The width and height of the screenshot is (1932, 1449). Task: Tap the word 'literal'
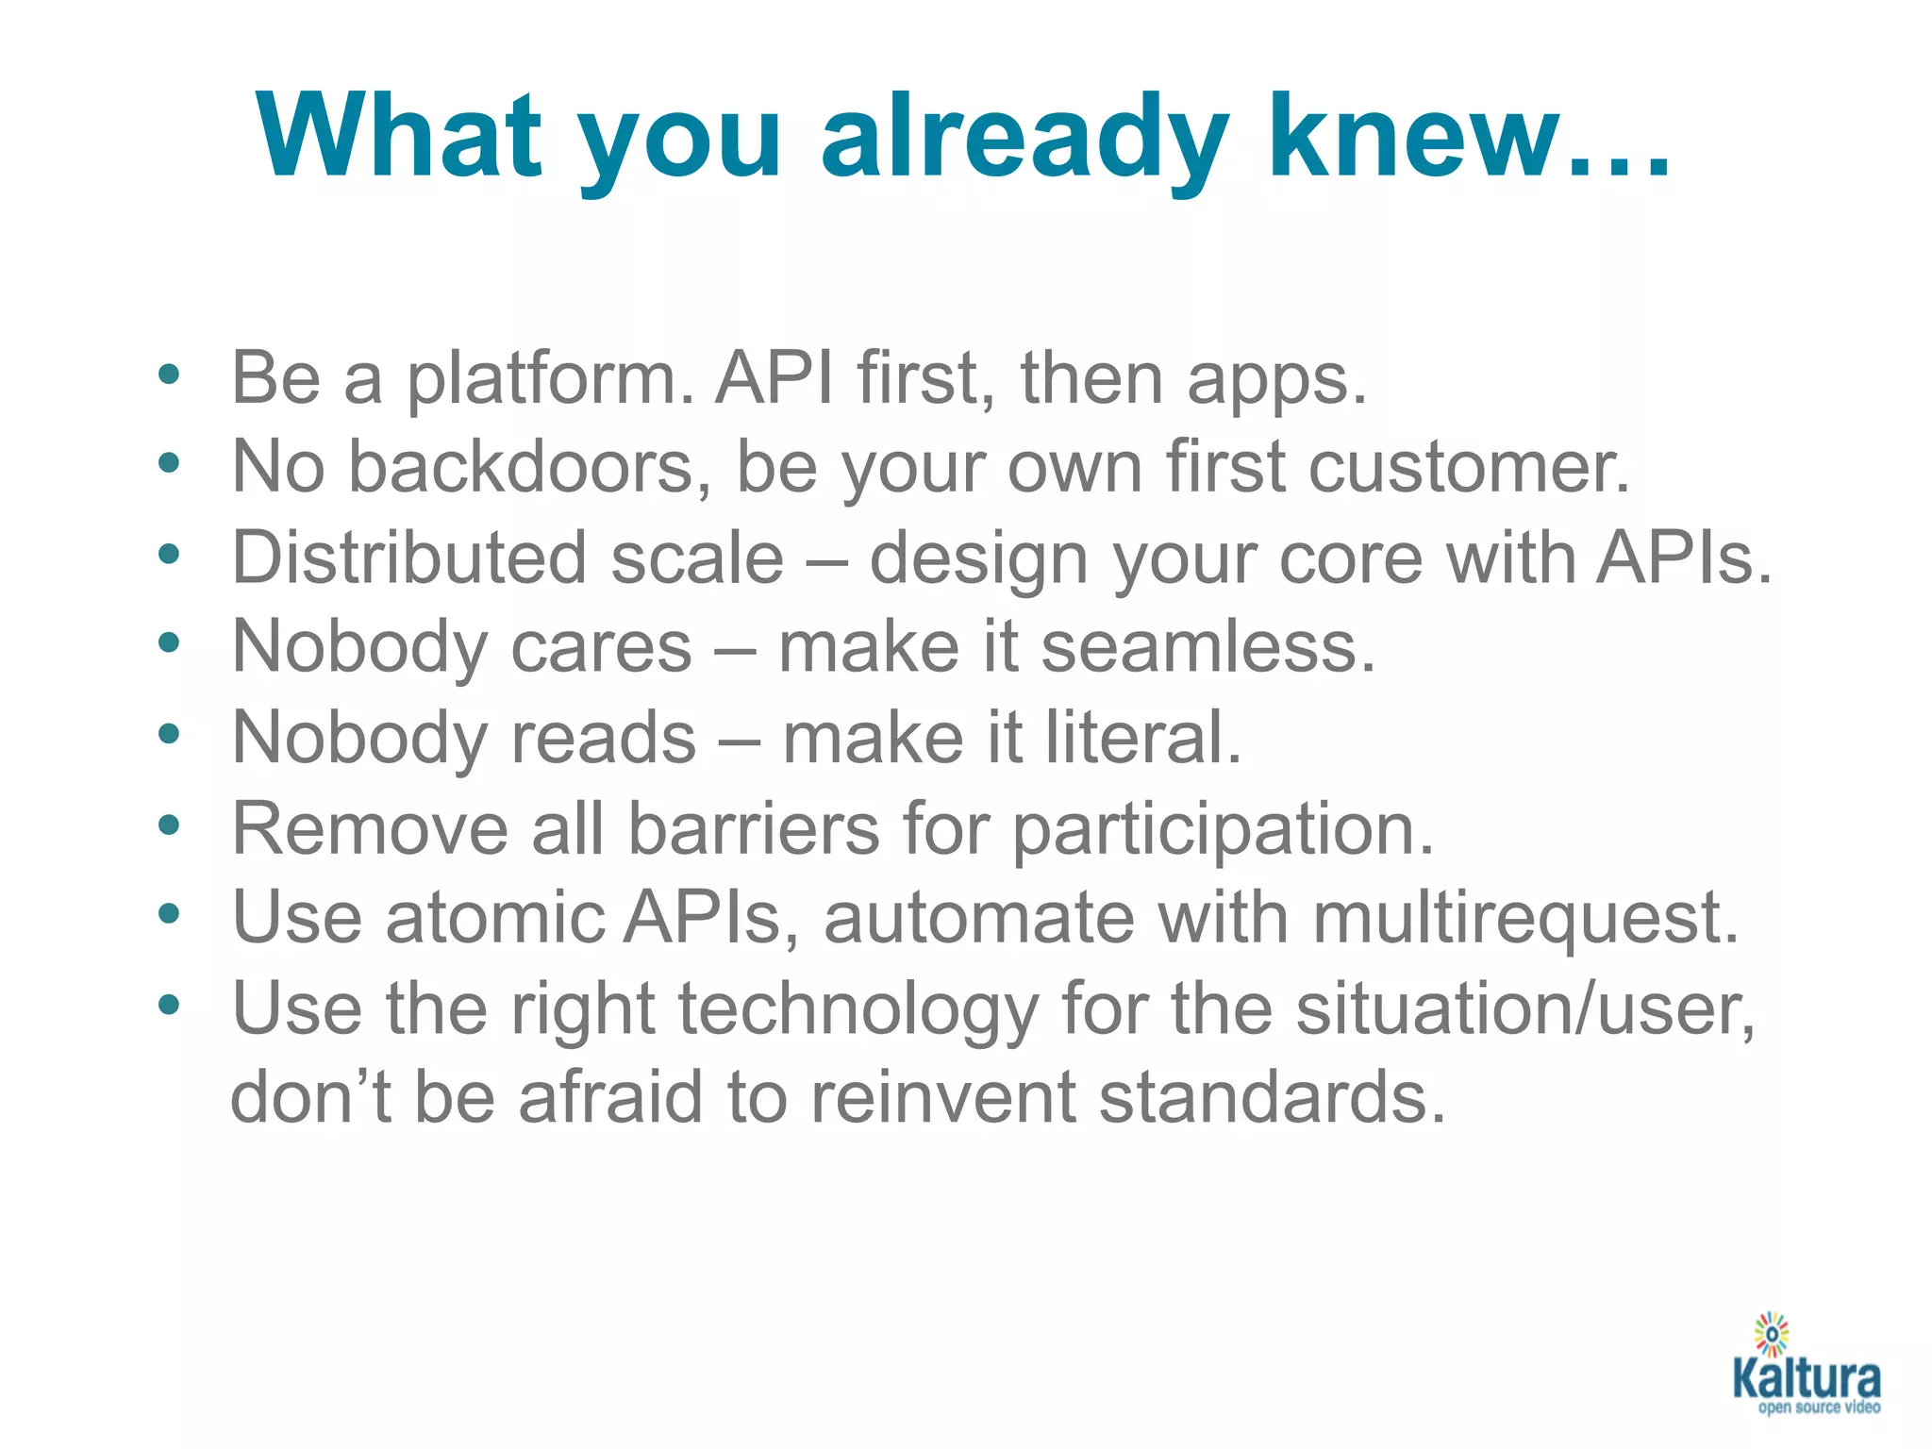(x=1132, y=738)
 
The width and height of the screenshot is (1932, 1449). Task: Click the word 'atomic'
(x=494, y=918)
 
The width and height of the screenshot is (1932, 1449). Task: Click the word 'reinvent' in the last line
(x=942, y=1098)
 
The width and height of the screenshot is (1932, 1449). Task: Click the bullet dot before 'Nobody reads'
(x=169, y=734)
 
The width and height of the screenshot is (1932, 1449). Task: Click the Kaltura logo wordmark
(x=1806, y=1379)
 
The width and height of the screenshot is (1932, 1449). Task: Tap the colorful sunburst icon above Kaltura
(x=1772, y=1334)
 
